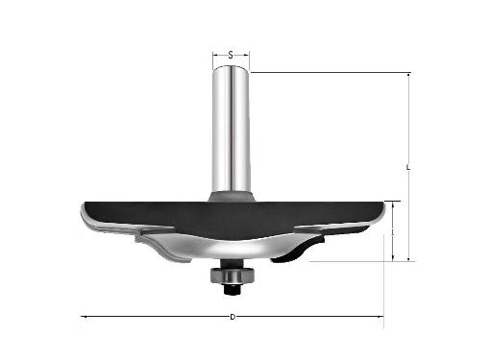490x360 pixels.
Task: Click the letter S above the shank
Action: pos(231,56)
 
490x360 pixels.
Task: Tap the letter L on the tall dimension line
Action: pos(408,167)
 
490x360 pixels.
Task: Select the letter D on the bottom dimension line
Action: pos(233,317)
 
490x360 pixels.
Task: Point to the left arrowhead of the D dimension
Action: pos(83,317)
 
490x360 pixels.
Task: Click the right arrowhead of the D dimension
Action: pos(380,317)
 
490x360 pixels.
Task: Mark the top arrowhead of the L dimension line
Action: pos(408,76)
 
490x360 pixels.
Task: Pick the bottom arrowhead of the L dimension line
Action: pos(408,258)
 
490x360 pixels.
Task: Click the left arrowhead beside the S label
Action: pos(215,55)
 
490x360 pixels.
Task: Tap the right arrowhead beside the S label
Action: pos(246,55)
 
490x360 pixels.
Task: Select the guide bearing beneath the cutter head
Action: pos(233,275)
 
